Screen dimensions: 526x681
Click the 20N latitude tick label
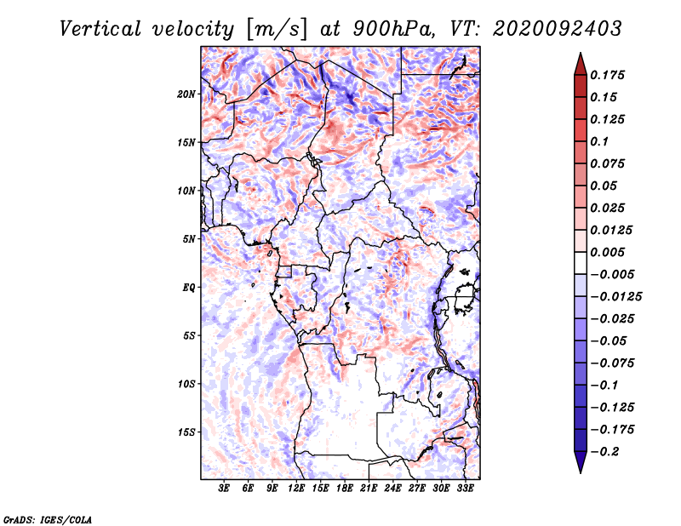186,94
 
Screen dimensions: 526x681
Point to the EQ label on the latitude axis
189,288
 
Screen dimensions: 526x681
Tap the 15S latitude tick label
186,432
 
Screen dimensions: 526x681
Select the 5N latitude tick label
189,239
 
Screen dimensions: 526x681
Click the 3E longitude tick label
225,489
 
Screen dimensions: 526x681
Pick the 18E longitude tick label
344,489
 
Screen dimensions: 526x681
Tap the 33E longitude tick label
465,489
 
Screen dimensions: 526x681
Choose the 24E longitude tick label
392,489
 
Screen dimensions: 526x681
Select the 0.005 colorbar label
609,253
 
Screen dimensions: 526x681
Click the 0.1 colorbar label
600,141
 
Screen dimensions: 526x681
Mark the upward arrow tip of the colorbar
580,55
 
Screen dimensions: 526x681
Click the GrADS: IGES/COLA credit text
47,518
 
